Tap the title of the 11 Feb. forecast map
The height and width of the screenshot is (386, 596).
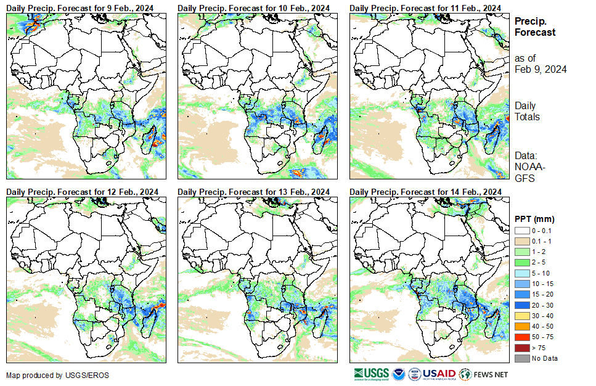pos(426,7)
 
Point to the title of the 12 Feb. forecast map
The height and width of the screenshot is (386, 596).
pos(82,192)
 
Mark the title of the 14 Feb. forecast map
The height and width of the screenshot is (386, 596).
pos(426,192)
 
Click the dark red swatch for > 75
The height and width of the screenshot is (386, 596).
pos(521,348)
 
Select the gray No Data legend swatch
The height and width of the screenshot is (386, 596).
pos(521,358)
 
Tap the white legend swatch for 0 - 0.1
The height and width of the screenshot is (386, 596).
pos(521,230)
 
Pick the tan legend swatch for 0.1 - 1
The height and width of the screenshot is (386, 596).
pos(521,240)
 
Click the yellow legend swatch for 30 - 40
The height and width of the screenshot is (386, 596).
pos(521,316)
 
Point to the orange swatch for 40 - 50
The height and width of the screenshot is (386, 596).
pos(521,326)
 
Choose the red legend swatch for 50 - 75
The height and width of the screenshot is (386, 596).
pos(521,337)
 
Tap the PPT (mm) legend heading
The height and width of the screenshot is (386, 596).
pos(535,219)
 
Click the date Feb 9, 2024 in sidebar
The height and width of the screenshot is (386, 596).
pos(541,69)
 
